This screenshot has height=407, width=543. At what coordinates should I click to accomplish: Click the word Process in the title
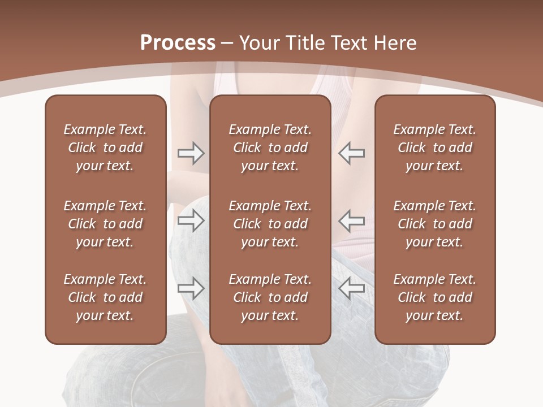[x=178, y=43]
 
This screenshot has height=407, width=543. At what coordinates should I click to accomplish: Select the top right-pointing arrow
[x=191, y=153]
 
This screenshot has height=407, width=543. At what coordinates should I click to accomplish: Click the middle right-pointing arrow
[x=191, y=220]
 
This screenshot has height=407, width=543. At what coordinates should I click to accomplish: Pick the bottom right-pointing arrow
[x=191, y=288]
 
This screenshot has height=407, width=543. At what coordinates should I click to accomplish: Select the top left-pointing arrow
[x=352, y=153]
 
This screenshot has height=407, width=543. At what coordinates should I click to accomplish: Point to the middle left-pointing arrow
[x=352, y=220]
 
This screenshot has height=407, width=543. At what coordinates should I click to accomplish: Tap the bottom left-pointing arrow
[x=352, y=288]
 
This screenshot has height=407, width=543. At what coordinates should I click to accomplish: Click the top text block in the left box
[x=105, y=148]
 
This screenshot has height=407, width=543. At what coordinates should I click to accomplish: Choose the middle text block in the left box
[x=105, y=224]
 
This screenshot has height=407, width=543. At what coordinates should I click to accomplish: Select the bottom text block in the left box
[x=105, y=297]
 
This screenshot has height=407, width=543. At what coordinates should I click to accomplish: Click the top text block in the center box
[x=270, y=148]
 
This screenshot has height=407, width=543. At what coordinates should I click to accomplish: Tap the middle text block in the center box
[x=270, y=224]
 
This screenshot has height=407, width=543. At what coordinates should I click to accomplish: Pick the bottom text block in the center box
[x=270, y=297]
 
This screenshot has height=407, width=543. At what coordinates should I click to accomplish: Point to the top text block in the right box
[x=434, y=148]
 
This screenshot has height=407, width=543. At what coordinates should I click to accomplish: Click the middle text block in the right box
[x=434, y=224]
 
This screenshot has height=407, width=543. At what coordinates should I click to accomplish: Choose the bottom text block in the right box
[x=434, y=297]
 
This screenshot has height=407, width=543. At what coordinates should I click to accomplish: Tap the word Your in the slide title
[x=260, y=43]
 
